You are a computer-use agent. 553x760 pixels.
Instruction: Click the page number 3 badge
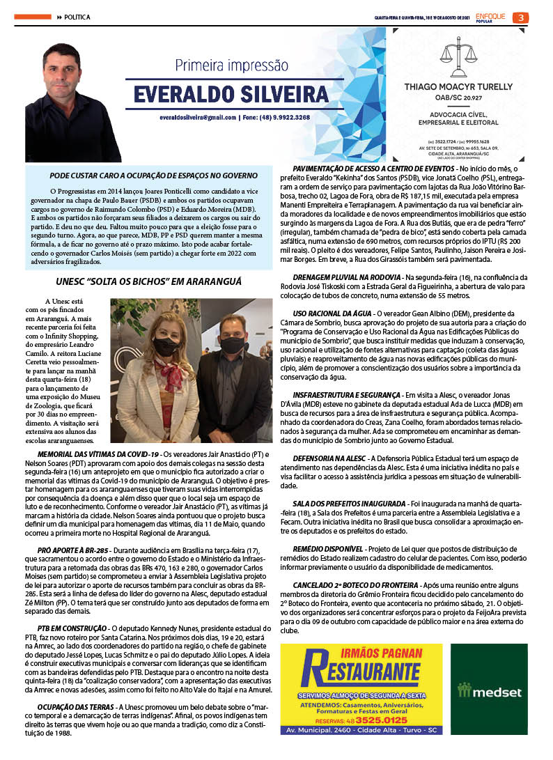520,17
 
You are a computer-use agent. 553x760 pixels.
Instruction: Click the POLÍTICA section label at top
77,17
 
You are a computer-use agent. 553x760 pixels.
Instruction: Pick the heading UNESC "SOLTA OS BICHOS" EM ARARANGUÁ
149,281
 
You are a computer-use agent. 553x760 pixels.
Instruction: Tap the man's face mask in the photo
232,345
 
